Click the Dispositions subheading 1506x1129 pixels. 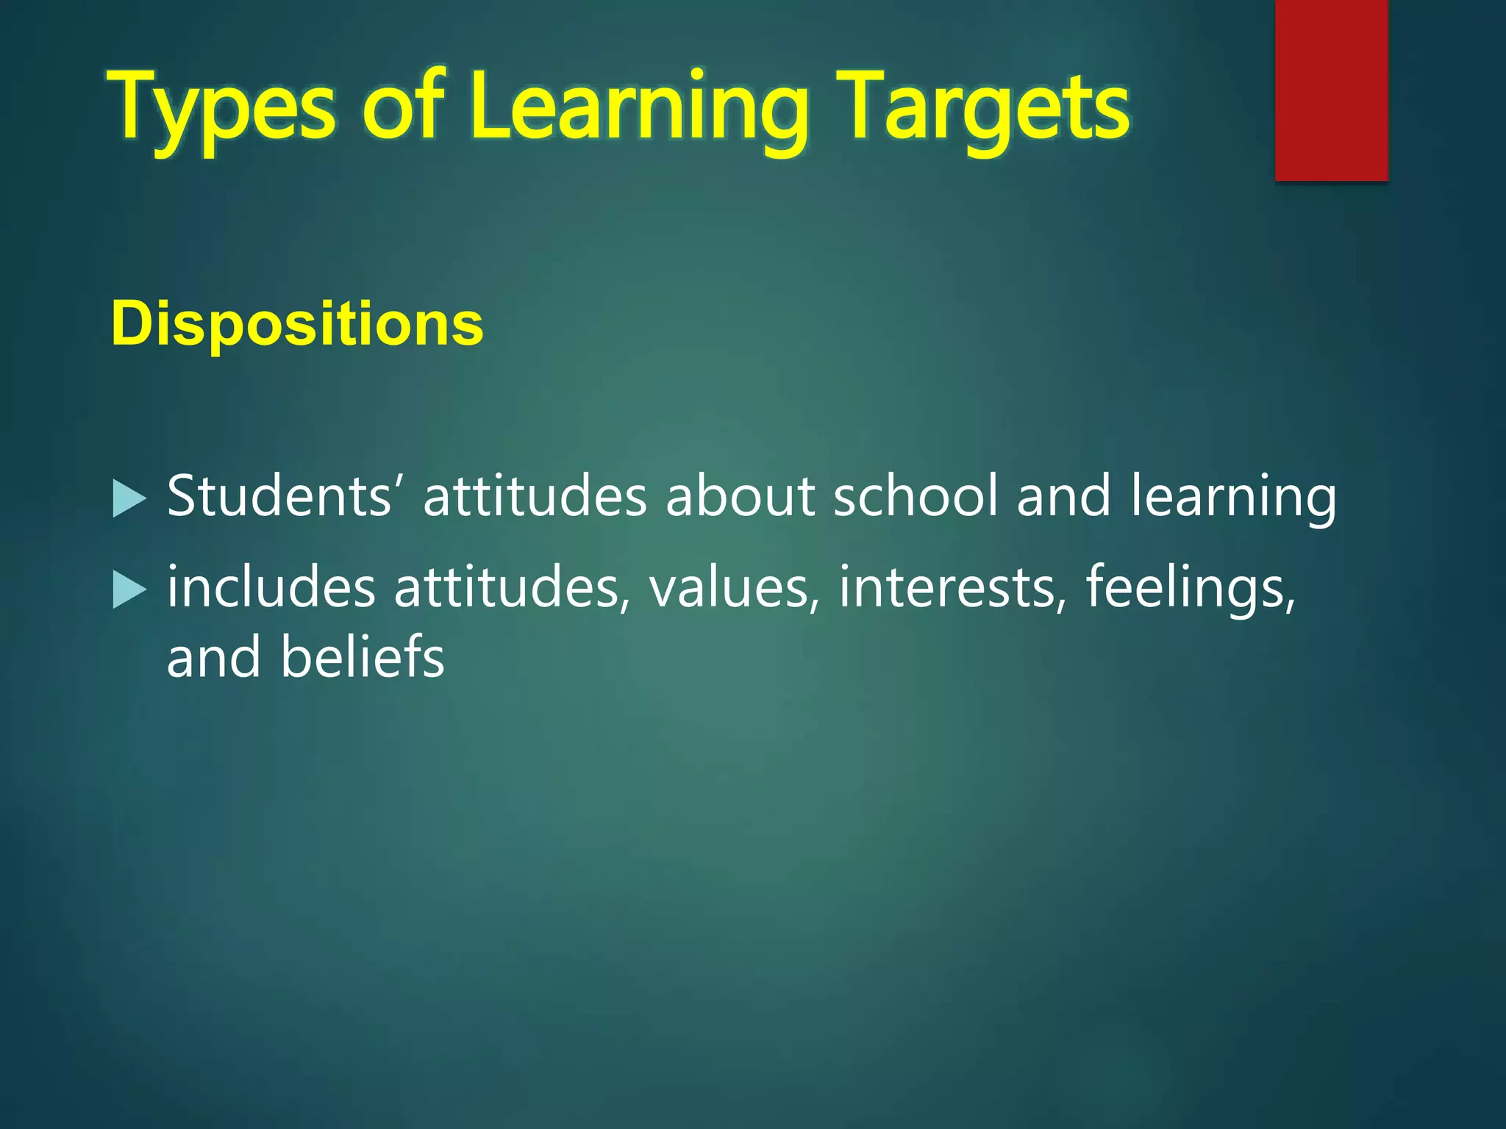coord(297,323)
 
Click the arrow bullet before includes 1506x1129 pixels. coord(129,590)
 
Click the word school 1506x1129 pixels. coord(916,496)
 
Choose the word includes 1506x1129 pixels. coord(271,587)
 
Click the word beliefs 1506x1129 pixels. coord(362,656)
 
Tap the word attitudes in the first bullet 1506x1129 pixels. coord(535,496)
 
